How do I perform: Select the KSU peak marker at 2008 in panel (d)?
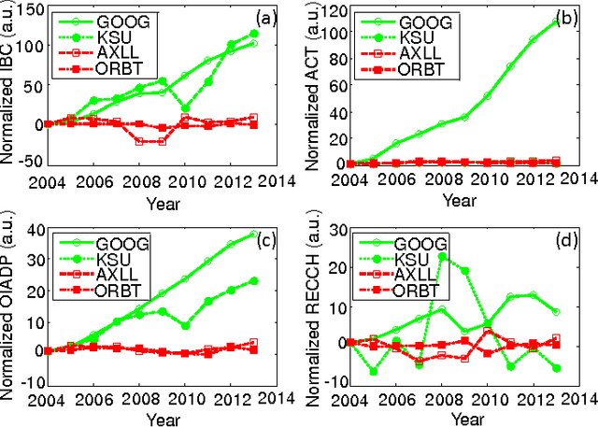point(442,255)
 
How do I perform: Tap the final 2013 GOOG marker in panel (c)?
point(254,235)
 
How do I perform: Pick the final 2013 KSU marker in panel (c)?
point(254,280)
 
